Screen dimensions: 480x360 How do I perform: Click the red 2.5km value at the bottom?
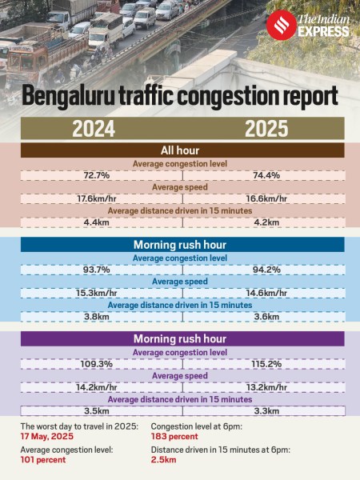pyautogui.click(x=164, y=462)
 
